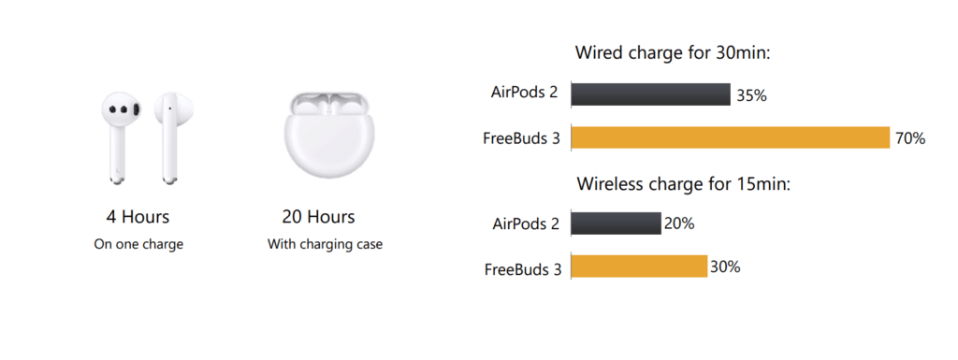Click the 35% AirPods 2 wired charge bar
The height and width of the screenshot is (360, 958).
(x=651, y=94)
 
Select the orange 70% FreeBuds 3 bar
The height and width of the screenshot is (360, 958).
(x=730, y=137)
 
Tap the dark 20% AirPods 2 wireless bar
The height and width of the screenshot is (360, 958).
(x=616, y=223)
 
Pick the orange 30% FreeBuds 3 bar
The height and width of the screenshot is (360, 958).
(x=639, y=266)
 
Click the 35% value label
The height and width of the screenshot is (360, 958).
(x=751, y=95)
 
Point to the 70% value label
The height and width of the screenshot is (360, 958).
(x=910, y=138)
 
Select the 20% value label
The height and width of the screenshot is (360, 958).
(x=679, y=223)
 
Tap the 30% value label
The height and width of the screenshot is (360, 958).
(x=725, y=266)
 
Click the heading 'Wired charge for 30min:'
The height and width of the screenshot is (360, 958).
(x=674, y=52)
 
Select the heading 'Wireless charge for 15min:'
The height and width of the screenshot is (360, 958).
(x=684, y=183)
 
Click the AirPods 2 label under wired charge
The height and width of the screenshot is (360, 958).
(x=525, y=93)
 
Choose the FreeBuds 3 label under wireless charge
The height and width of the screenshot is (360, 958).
(x=522, y=269)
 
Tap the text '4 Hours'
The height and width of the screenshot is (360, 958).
(x=138, y=217)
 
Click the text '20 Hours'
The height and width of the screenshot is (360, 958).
(x=318, y=217)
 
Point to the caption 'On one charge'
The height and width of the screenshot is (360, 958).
(x=138, y=245)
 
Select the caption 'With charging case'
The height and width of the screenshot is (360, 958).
(x=325, y=245)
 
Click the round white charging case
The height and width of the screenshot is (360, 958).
(x=328, y=135)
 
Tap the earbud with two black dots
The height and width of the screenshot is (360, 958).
(x=121, y=137)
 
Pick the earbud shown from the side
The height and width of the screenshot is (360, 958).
(x=174, y=137)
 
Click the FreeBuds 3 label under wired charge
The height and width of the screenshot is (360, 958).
(x=521, y=138)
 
